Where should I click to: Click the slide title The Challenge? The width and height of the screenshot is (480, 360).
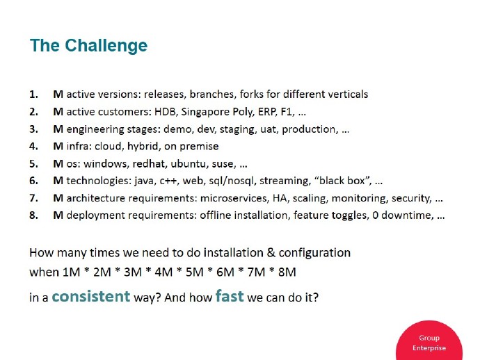[x=88, y=46]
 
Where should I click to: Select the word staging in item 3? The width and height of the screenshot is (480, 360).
[x=239, y=129]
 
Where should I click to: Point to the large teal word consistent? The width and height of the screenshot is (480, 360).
[x=90, y=296]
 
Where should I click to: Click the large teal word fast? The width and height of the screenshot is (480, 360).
[x=230, y=296]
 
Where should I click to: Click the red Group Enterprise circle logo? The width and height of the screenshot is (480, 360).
[x=429, y=342]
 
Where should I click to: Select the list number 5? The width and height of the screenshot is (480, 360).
[x=33, y=163]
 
